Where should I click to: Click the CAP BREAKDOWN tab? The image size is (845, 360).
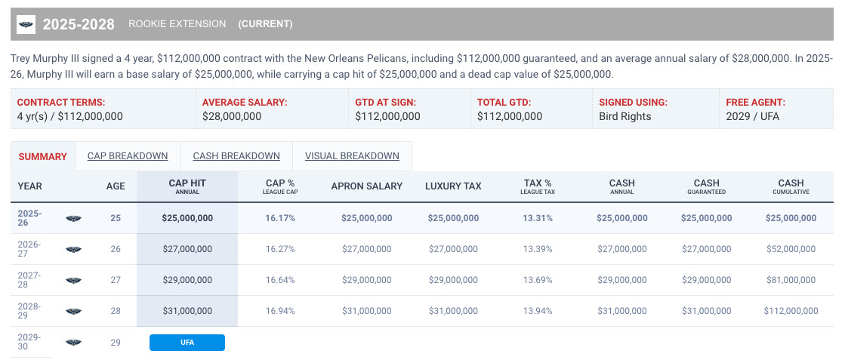(x=128, y=156)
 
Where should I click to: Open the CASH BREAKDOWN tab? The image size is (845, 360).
(x=236, y=156)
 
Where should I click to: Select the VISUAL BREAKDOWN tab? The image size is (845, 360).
(x=352, y=156)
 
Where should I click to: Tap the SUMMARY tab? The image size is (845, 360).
(x=42, y=157)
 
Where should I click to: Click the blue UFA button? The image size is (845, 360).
(x=187, y=343)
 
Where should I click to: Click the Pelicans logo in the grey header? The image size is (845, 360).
(x=26, y=24)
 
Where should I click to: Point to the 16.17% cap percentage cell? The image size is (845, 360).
(x=280, y=218)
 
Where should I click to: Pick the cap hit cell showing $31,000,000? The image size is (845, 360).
(x=187, y=311)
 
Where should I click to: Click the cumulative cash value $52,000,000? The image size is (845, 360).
(x=791, y=249)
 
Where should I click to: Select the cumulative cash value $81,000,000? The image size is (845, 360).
(x=791, y=280)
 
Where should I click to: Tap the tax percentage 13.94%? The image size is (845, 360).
(x=538, y=311)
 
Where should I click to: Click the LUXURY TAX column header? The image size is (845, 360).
(x=453, y=186)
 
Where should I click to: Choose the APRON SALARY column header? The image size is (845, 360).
(x=367, y=186)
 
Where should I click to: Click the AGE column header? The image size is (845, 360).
(x=116, y=186)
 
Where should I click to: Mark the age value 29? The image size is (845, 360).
(x=116, y=343)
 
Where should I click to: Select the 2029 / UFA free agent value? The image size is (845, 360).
(x=752, y=116)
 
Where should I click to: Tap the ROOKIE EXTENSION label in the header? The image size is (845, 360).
(x=177, y=24)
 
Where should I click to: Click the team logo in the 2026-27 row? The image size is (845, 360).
(x=73, y=250)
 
